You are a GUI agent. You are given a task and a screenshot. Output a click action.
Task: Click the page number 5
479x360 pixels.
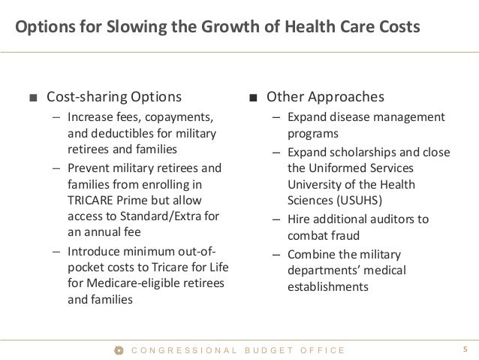click(465, 349)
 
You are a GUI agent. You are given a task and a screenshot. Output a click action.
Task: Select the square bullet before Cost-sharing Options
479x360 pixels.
click(32, 98)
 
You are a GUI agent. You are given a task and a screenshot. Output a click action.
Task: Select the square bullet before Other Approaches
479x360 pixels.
click(255, 98)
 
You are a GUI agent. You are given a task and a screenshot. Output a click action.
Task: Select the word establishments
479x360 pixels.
click(327, 286)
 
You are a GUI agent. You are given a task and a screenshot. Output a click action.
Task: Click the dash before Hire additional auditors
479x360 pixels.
click(277, 220)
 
